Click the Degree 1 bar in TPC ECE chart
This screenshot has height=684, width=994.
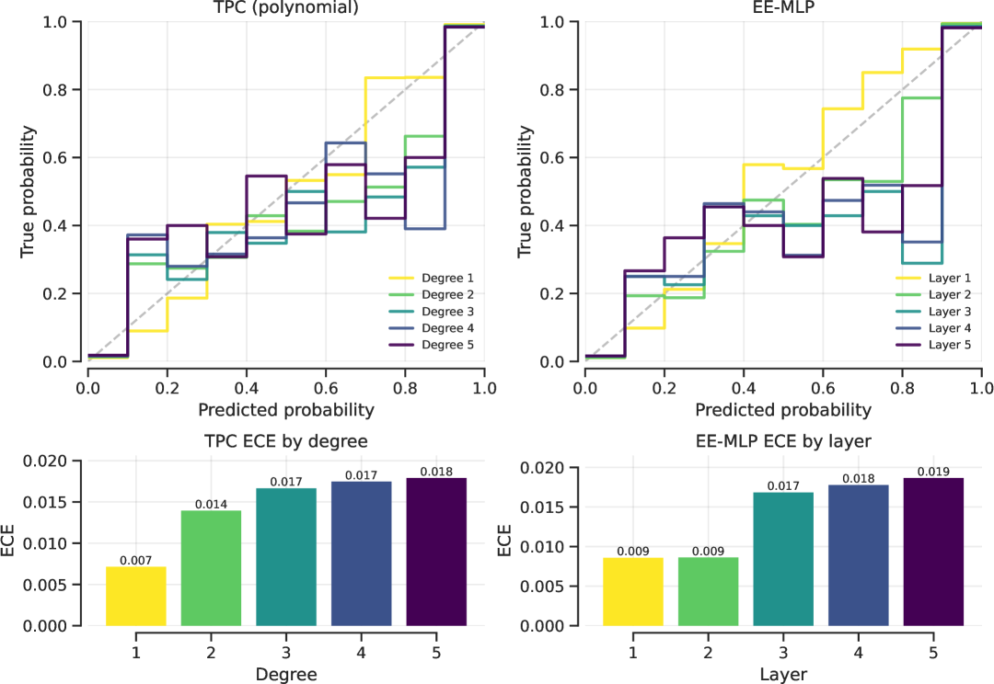[136, 596]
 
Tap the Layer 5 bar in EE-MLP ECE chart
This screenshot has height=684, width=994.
[933, 552]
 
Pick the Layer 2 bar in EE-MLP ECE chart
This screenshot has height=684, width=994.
[709, 591]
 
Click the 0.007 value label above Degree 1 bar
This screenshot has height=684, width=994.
[136, 560]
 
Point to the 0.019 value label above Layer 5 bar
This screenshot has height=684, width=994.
[933, 472]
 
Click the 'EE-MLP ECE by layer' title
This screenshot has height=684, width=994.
[783, 441]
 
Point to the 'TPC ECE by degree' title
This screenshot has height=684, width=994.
[285, 441]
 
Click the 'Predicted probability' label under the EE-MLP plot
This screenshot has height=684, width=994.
[783, 408]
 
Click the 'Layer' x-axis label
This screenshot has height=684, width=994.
[783, 675]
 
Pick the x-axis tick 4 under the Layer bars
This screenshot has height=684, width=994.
[858, 651]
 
